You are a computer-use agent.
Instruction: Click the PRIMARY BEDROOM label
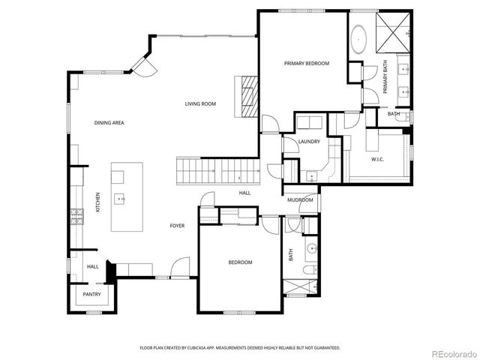coord(307,64)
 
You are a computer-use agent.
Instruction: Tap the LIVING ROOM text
coord(200,103)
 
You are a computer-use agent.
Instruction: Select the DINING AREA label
coord(109,122)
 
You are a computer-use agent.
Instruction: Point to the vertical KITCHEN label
coord(97,202)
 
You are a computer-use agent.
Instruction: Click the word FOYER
coord(177,225)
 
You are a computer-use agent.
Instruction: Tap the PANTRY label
coord(91,295)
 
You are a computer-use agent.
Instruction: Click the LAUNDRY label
coord(308,141)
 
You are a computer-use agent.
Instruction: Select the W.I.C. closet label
coord(379,159)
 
